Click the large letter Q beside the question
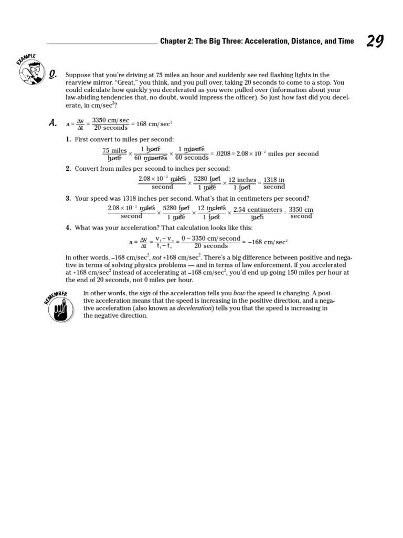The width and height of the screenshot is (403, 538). coord(52,76)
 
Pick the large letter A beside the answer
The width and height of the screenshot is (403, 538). coord(52,123)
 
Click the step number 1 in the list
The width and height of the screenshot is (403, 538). coord(68,139)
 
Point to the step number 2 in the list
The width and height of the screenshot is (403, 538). coord(68,169)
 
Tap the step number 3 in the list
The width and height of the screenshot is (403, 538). coord(68,199)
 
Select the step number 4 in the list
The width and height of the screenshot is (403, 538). coord(68,228)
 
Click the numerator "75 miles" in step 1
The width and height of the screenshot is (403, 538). coord(115,151)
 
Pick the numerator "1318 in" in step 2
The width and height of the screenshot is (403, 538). coord(274,180)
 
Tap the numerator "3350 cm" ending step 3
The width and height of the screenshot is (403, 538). coord(301,210)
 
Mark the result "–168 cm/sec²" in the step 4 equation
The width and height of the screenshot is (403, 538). coord(267,242)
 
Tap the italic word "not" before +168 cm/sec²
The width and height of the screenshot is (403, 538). coord(156,258)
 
